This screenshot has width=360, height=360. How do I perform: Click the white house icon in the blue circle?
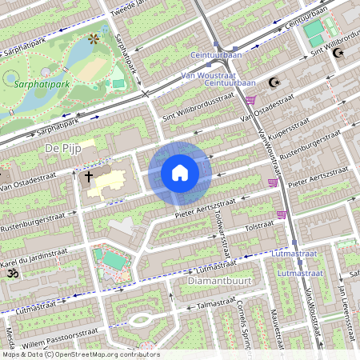[x=180, y=173]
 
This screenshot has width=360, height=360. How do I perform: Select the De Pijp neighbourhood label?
[x=64, y=149]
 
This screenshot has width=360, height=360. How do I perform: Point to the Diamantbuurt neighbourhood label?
[x=214, y=282]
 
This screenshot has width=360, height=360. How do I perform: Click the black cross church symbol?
[x=89, y=175]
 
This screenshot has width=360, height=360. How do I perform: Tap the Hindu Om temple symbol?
[x=12, y=274]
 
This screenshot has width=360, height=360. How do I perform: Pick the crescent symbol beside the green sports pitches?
[x=338, y=53]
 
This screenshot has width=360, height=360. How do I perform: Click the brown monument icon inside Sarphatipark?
[x=94, y=38]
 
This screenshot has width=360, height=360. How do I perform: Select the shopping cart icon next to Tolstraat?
[x=281, y=214]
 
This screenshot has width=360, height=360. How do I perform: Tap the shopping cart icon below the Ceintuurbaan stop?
[x=250, y=100]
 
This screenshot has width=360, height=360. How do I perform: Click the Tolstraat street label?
[x=258, y=226]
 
